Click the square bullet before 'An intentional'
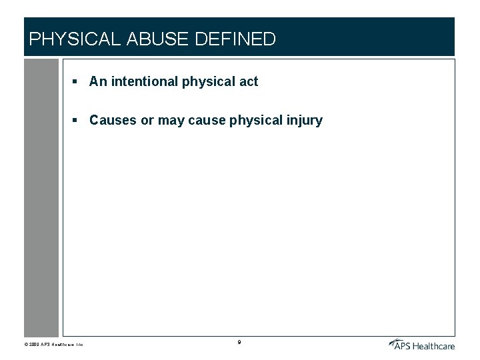tap(76, 82)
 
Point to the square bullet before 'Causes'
tap(76, 121)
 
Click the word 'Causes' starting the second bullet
tap(111, 121)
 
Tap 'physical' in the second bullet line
tap(256, 121)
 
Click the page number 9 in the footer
tap(239, 342)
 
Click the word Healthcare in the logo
tap(433, 345)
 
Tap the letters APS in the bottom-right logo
tap(402, 345)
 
